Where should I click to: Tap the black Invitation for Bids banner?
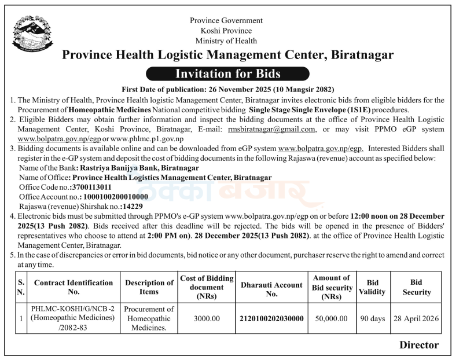click(227, 74)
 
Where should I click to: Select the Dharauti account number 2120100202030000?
click(271, 318)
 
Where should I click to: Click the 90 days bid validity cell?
click(372, 318)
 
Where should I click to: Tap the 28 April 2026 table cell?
click(416, 318)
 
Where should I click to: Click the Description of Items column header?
click(149, 288)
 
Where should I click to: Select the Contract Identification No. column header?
click(74, 288)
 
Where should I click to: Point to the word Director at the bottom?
click(419, 346)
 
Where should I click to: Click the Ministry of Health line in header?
click(226, 41)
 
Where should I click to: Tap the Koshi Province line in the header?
click(226, 31)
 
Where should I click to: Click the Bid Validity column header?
click(372, 288)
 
